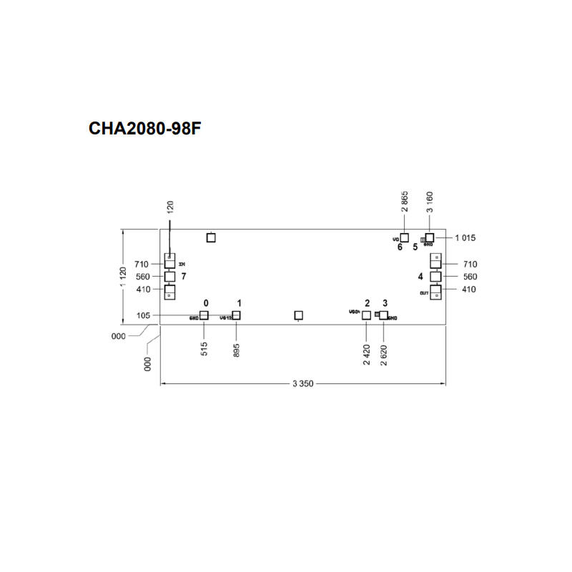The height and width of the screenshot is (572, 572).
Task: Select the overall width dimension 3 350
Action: (303, 384)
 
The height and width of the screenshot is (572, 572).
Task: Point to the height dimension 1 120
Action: (124, 277)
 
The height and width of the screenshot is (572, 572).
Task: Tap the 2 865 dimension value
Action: (405, 203)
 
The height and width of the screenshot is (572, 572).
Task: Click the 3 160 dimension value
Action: (430, 203)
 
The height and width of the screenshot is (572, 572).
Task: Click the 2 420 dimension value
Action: (366, 354)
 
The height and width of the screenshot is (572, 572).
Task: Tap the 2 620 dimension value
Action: (384, 354)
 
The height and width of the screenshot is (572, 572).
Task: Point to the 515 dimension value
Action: (204, 349)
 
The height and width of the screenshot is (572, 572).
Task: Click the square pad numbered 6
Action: (404, 237)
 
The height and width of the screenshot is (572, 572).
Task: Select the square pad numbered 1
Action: (237, 315)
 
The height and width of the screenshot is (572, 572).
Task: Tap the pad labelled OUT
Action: (435, 292)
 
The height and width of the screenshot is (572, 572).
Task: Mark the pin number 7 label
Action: (184, 276)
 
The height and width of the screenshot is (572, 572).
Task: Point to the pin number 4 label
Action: (420, 276)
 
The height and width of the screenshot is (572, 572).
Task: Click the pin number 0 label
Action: (206, 303)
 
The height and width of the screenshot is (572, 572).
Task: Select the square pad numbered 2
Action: (367, 315)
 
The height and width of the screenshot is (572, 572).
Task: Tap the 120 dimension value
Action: (170, 207)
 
